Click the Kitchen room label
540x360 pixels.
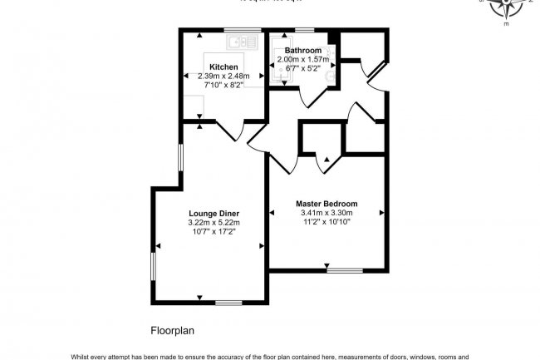[x=223, y=67]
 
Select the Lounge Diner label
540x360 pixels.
[x=214, y=213]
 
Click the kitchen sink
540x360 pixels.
[x=242, y=42]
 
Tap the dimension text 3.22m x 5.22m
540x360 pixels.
[x=214, y=223]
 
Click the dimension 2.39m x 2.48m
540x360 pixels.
[x=223, y=76]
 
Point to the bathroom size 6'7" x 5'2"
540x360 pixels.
[x=302, y=68]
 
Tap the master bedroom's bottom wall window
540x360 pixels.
[x=343, y=269]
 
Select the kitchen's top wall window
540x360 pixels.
[x=230, y=31]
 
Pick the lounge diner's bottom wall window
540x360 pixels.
[x=228, y=302]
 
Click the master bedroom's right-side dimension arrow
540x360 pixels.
[x=381, y=214]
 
